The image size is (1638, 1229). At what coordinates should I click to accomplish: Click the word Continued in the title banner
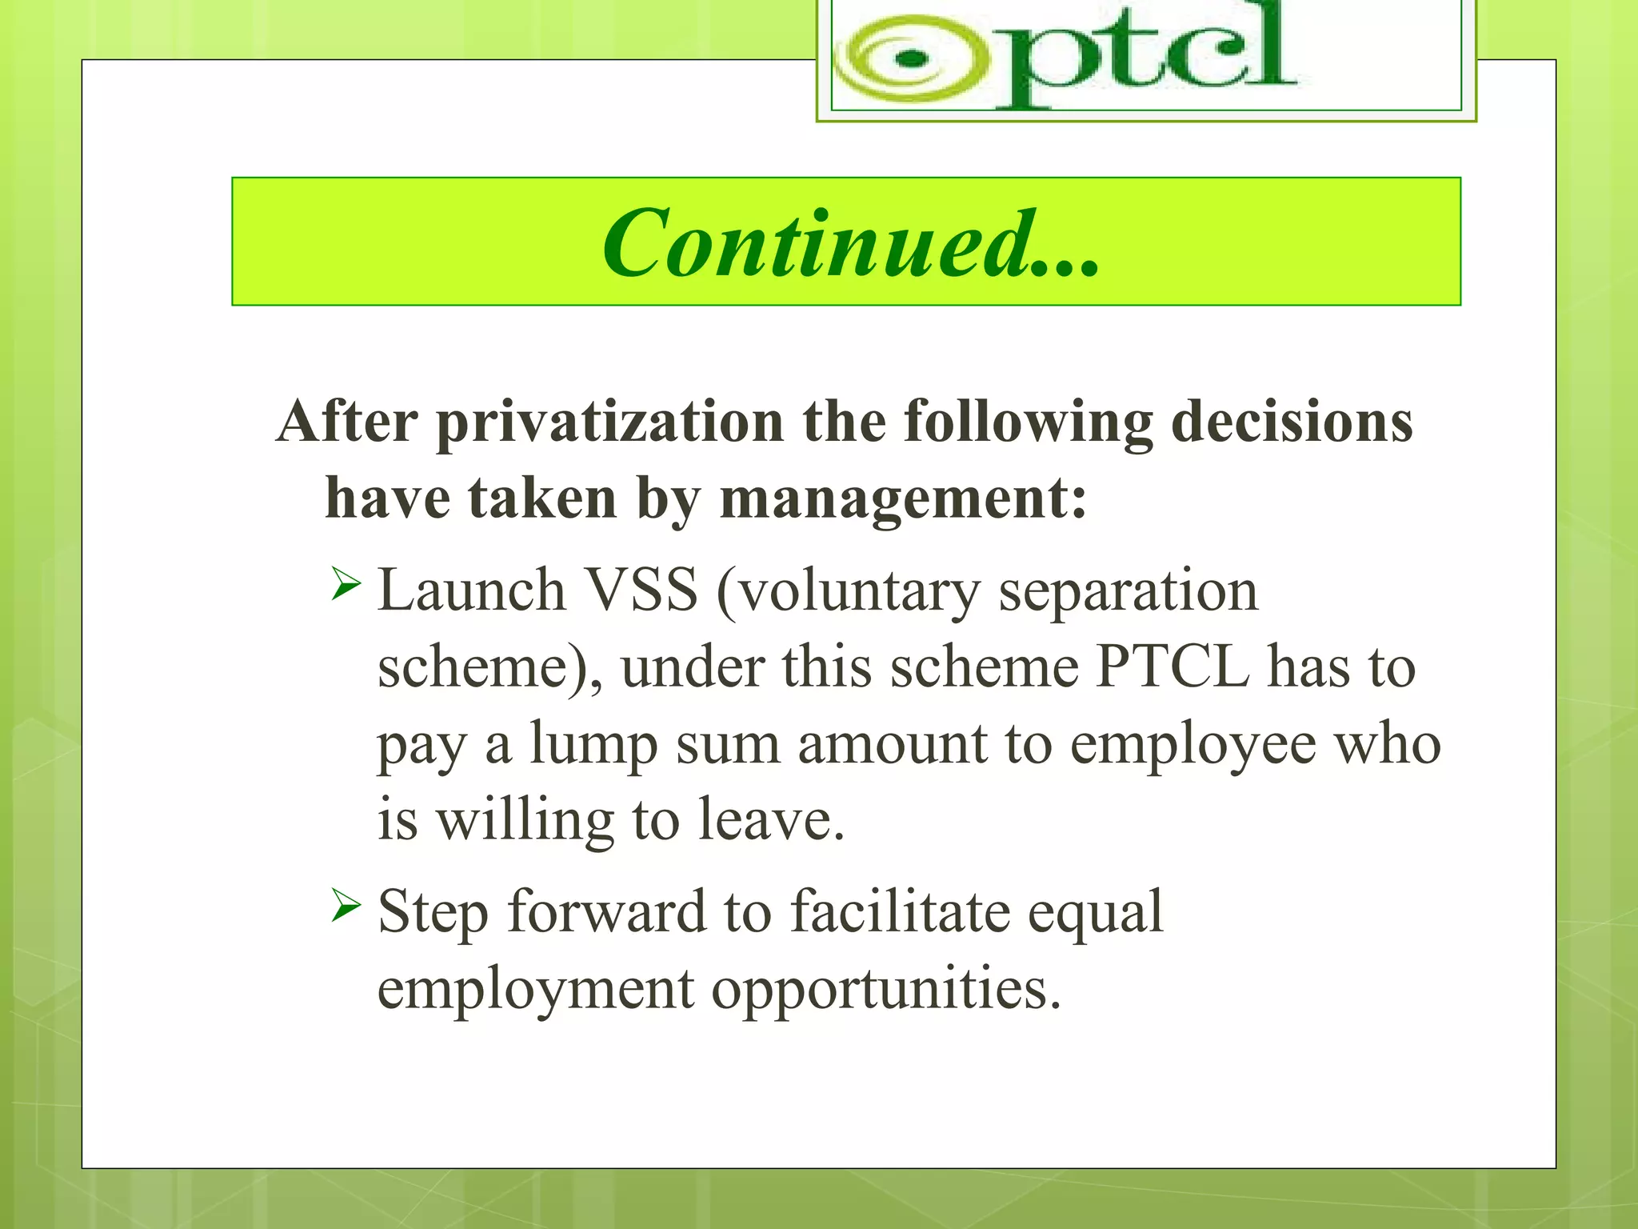[816, 243]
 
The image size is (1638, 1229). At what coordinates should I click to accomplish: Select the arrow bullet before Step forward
[346, 907]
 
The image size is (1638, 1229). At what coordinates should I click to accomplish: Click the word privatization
[609, 422]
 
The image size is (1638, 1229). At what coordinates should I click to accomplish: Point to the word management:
[904, 498]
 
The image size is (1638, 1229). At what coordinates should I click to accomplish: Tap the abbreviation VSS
[641, 590]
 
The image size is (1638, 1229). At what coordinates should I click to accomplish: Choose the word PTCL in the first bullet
[1172, 667]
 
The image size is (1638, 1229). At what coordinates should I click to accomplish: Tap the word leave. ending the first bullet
[771, 820]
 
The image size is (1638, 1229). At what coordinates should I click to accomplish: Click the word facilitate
[900, 912]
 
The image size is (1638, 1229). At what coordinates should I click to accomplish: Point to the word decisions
[1292, 422]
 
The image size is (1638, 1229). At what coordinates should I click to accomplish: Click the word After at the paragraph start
[346, 422]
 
